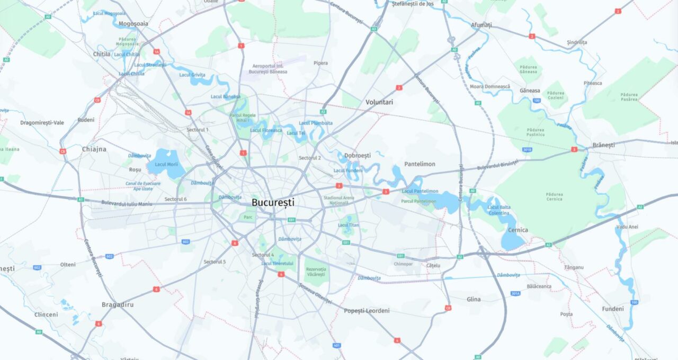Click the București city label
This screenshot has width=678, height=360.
pos(273,202)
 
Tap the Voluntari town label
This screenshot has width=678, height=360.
pos(379,102)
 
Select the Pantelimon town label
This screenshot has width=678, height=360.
pos(420,164)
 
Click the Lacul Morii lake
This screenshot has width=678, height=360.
pos(166,164)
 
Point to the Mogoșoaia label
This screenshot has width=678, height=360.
pos(133,24)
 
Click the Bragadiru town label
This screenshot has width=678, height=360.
pos(118,305)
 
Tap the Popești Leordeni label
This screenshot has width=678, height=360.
pos(367,311)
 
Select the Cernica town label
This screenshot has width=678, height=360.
pos(518,230)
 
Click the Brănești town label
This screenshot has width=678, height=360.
pos(603,145)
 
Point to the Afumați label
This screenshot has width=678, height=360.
pos(481,25)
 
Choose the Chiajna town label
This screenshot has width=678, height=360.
pos(94,149)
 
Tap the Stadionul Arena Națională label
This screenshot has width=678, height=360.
pos(339,200)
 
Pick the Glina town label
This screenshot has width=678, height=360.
pos(474,300)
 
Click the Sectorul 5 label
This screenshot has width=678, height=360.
pos(215,262)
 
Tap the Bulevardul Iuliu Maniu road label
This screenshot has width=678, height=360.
pos(127,204)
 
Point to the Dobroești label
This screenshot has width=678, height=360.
pos(358,156)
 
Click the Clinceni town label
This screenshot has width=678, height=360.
pos(46,314)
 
